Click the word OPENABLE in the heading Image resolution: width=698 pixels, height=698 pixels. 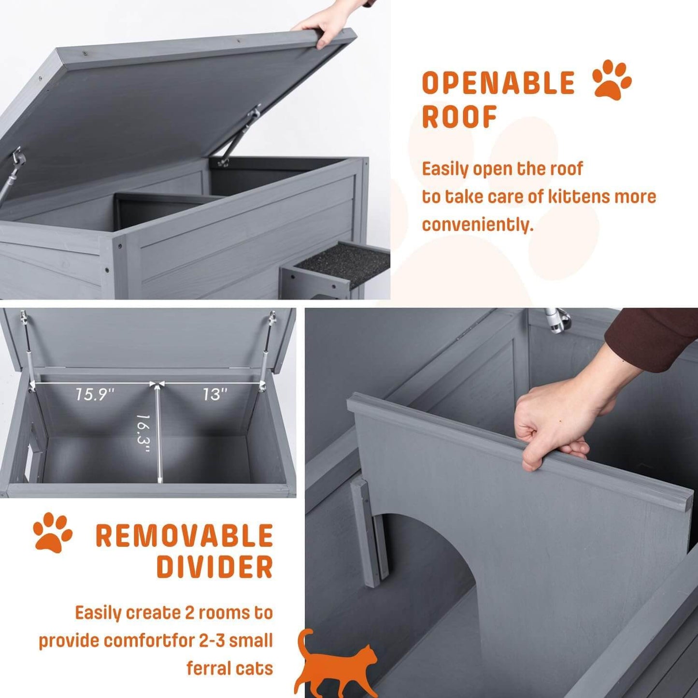(x=498, y=83)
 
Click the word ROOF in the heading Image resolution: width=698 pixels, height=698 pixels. (x=459, y=117)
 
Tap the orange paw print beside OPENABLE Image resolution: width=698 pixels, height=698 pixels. (x=612, y=80)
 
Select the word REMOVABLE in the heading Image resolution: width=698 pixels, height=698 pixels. (x=185, y=536)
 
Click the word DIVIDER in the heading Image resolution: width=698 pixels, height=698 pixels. (x=214, y=567)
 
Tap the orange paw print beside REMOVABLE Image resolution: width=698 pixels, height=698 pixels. (x=53, y=532)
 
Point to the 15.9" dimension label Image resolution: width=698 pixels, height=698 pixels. (x=94, y=395)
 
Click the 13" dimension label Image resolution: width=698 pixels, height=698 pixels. (x=214, y=395)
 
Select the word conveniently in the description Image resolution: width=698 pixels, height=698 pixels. (x=477, y=225)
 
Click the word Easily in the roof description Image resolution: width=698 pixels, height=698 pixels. (x=445, y=169)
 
